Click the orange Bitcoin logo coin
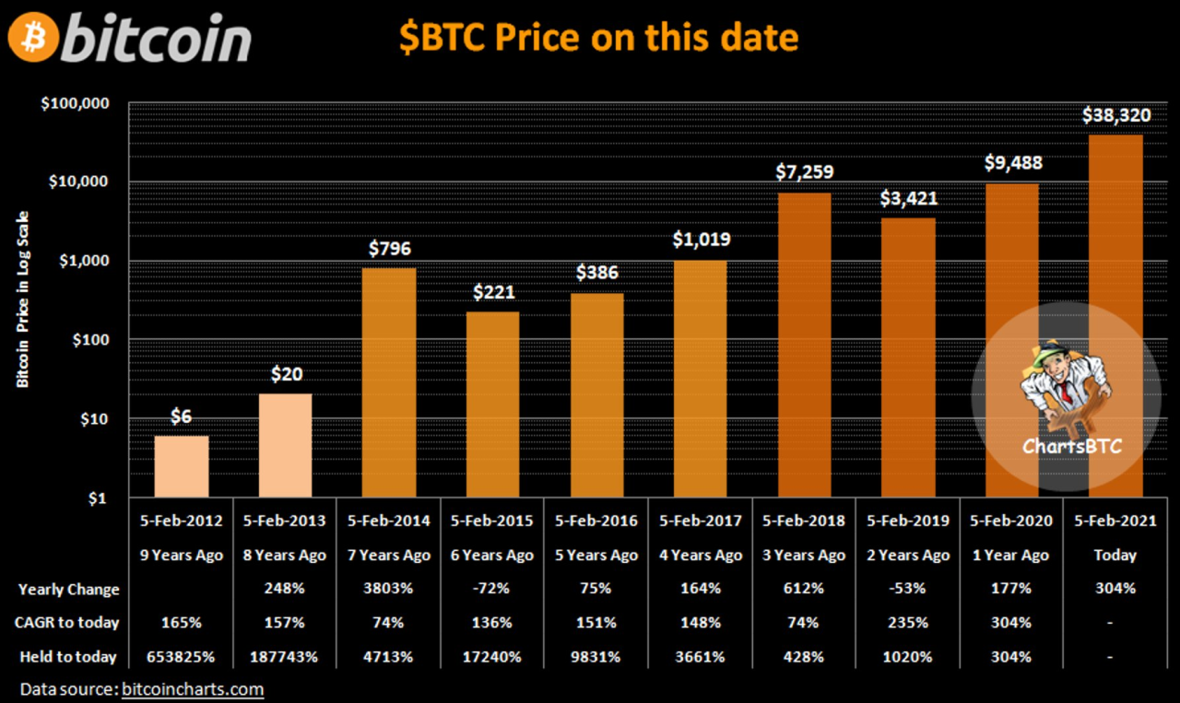[x=34, y=38]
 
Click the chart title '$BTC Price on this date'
[x=598, y=37]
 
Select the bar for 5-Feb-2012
[x=182, y=466]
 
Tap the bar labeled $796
[x=389, y=382]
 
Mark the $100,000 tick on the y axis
[x=75, y=103]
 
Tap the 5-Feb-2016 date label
[x=596, y=521]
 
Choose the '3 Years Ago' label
[x=804, y=555]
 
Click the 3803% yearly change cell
[x=389, y=589]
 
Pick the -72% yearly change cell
[x=492, y=589]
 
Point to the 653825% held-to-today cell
[x=182, y=657]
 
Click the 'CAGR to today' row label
[x=68, y=623]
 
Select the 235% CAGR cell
[x=908, y=623]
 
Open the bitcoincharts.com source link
[x=193, y=689]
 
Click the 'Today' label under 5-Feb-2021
[x=1115, y=555]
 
